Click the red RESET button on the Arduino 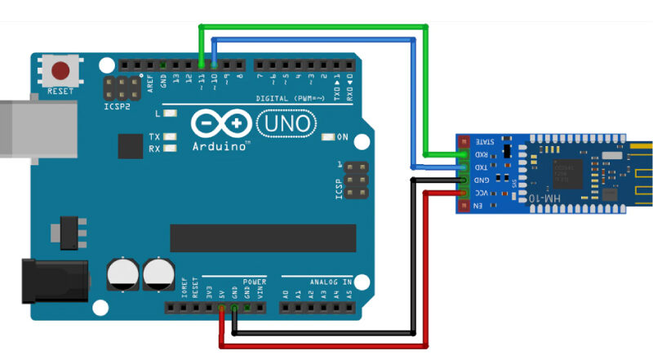pyautogui.click(x=60, y=69)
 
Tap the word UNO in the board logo pyautogui.click(x=284, y=123)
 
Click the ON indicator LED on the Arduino pyautogui.click(x=329, y=137)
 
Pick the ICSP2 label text pyautogui.click(x=117, y=106)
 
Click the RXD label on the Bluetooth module pyautogui.click(x=482, y=153)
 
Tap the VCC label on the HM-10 pyautogui.click(x=482, y=193)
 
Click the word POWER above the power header pyautogui.click(x=254, y=280)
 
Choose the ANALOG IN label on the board pyautogui.click(x=330, y=280)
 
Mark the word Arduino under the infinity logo pyautogui.click(x=220, y=147)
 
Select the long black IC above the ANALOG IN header pyautogui.click(x=263, y=238)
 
